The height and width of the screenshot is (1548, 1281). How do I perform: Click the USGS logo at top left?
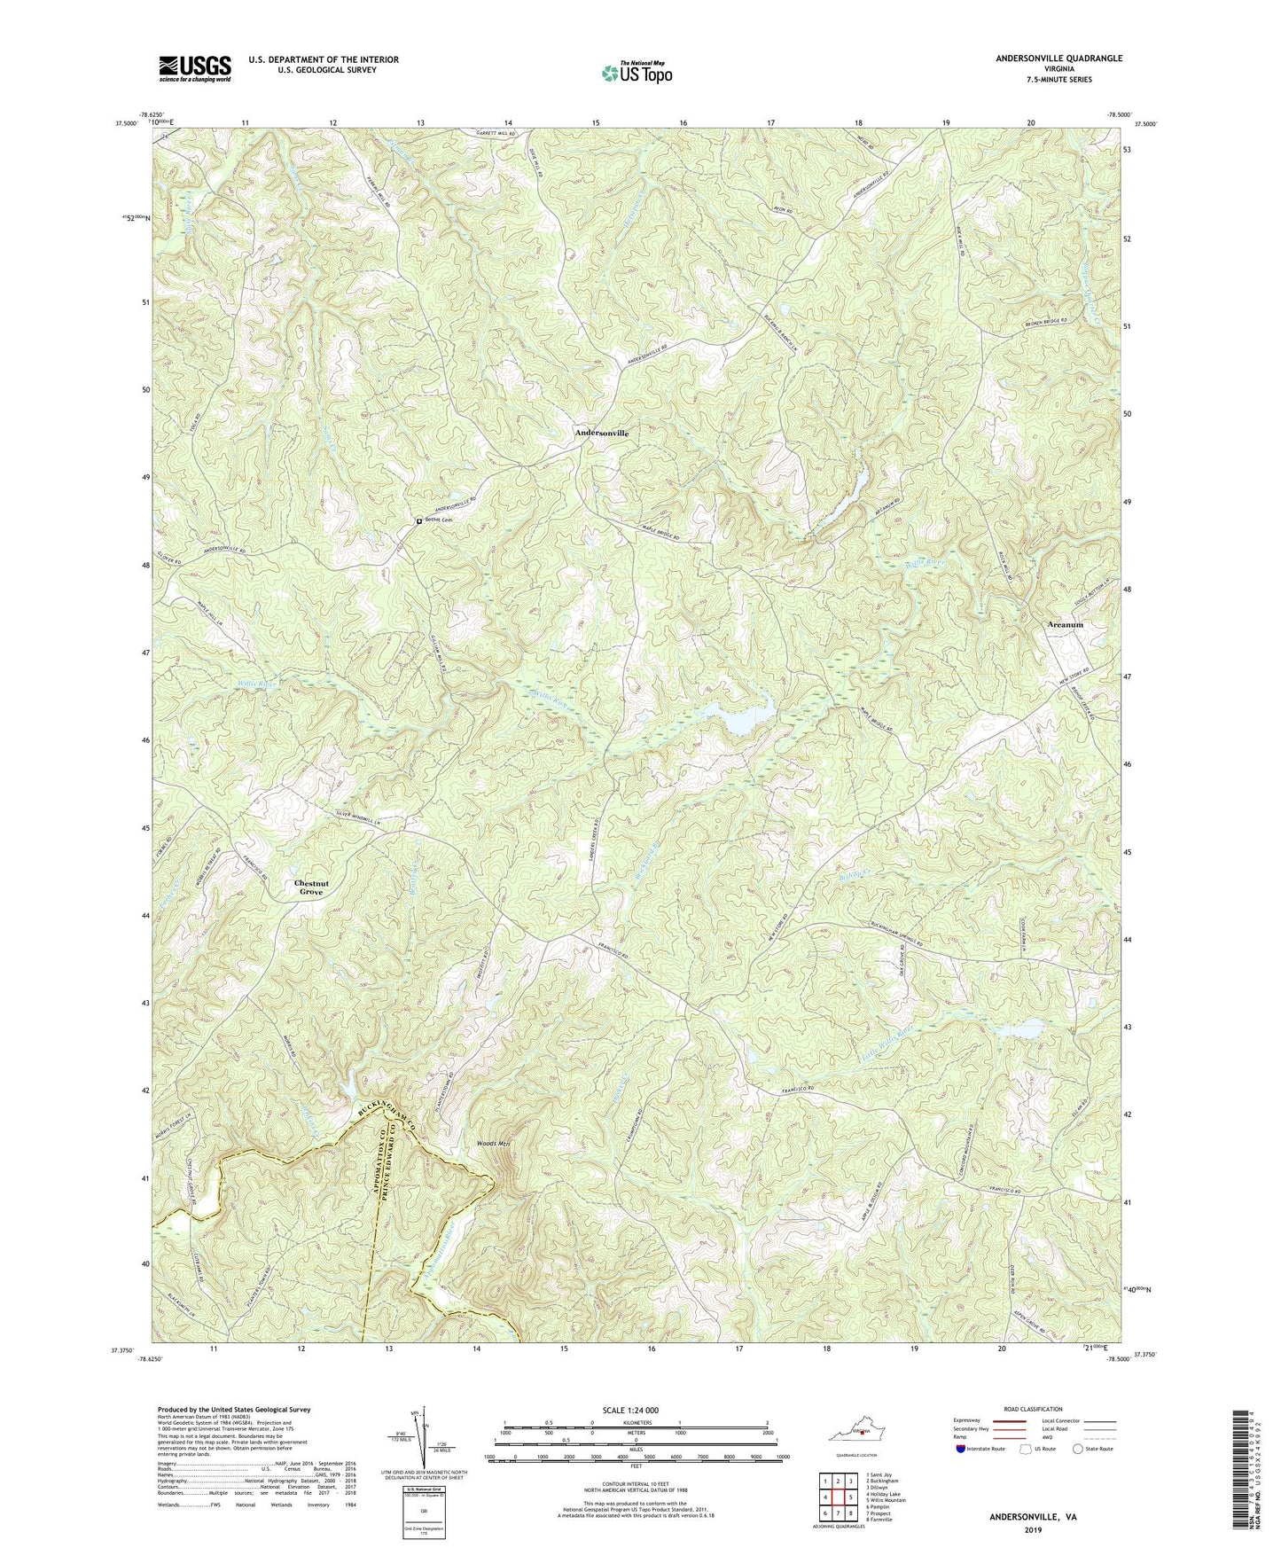tap(195, 68)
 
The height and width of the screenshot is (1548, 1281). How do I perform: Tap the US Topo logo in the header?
tap(636, 72)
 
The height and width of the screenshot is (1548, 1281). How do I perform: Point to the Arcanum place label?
tap(1060, 625)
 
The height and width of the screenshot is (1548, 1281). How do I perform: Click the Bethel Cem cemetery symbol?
tap(419, 521)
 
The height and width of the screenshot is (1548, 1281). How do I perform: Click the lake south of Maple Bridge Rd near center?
tap(746, 719)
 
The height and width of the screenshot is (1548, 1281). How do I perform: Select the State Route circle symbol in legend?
tap(1077, 1449)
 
